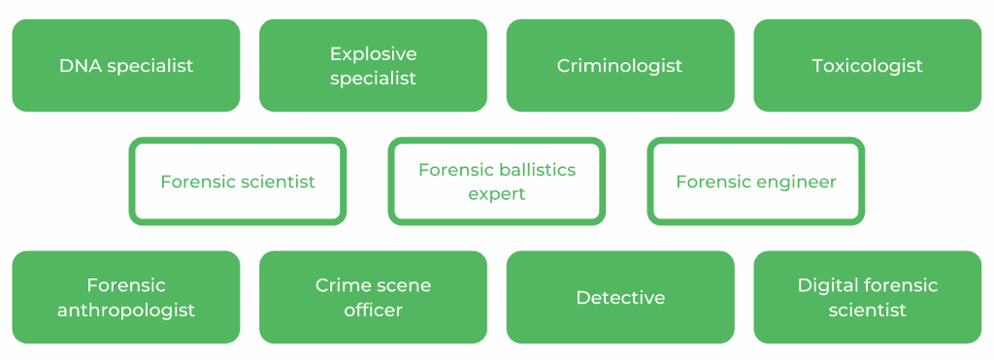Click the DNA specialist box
click(x=125, y=65)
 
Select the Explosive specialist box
click(x=373, y=65)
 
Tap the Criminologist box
click(x=619, y=65)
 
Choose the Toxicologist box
click(x=867, y=65)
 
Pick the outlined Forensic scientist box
click(x=238, y=181)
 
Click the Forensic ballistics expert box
click(x=496, y=181)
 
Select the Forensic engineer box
click(x=755, y=181)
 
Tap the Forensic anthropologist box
click(x=125, y=297)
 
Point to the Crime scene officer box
click(x=373, y=297)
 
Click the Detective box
click(x=619, y=297)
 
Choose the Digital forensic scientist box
click(x=867, y=297)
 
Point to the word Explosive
click(x=373, y=53)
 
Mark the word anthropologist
click(x=126, y=311)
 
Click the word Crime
click(x=339, y=285)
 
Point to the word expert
click(x=496, y=194)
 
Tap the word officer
click(x=373, y=311)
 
